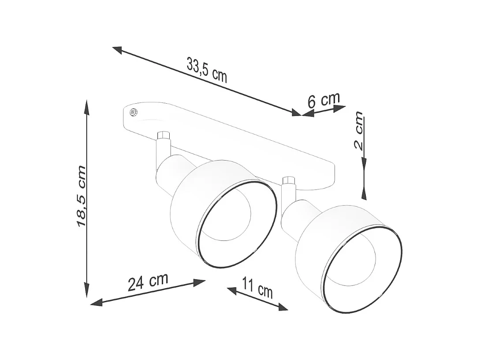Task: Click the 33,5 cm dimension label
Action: pos(207,70)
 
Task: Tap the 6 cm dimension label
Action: pos(324,100)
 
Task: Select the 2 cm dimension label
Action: pos(359,131)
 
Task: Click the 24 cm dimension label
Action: pos(148,282)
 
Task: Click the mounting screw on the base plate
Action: pos(134,112)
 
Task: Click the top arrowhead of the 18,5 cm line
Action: pos(87,106)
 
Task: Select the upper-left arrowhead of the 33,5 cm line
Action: pos(117,49)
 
